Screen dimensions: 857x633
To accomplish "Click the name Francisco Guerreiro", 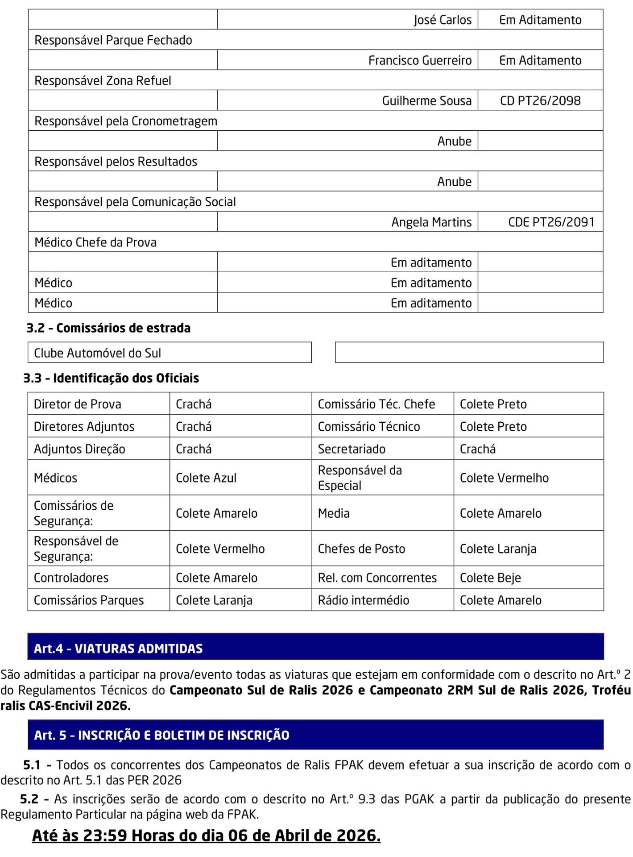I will click(x=420, y=60).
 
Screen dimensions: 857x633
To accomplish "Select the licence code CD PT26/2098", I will click(x=540, y=101).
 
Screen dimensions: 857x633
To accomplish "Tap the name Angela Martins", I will click(x=431, y=222).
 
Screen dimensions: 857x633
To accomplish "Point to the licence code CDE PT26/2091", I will click(x=551, y=222).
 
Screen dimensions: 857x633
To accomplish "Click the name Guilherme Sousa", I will click(x=426, y=101).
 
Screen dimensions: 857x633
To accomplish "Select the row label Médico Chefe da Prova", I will click(x=95, y=242).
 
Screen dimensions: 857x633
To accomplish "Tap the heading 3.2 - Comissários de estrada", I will click(x=108, y=328).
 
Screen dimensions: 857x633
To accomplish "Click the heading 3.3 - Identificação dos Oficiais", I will click(x=111, y=378).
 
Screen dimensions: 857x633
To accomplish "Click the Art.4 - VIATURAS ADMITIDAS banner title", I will click(x=118, y=648).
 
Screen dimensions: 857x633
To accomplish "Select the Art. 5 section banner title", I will click(x=161, y=735).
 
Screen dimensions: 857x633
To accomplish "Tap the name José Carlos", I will click(x=443, y=20).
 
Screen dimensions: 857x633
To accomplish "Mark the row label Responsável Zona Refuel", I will click(x=103, y=81).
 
